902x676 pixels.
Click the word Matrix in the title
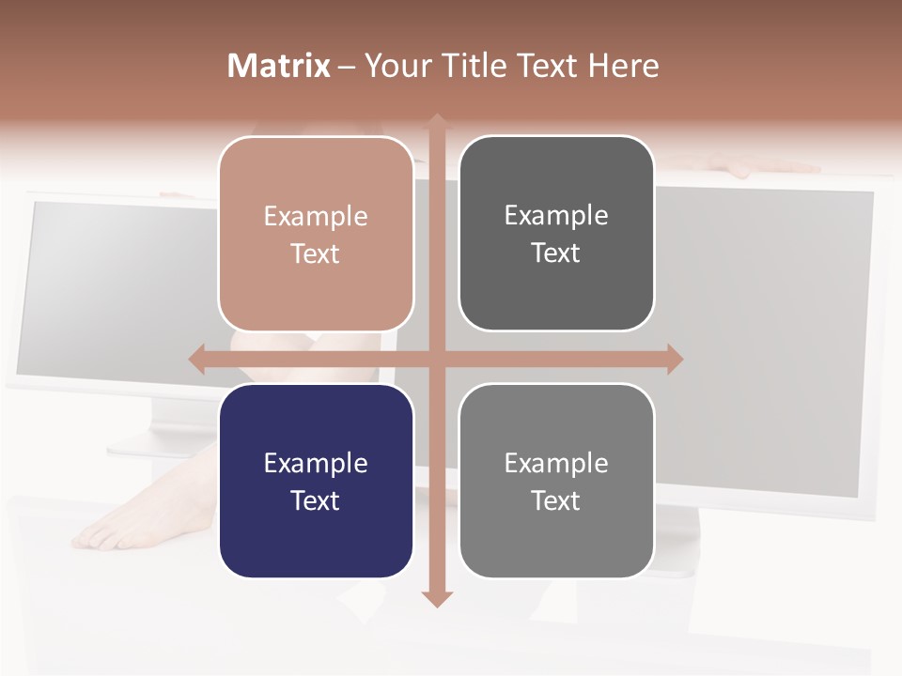coord(279,66)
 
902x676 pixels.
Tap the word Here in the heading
coord(623,66)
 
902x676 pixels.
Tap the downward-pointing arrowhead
coord(437,598)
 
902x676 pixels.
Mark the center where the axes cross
coord(437,360)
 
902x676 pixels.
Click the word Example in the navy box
coord(316,463)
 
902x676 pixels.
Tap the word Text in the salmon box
coord(316,253)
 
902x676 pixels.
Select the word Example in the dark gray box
coord(556,215)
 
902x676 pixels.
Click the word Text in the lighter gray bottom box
coord(556,500)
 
